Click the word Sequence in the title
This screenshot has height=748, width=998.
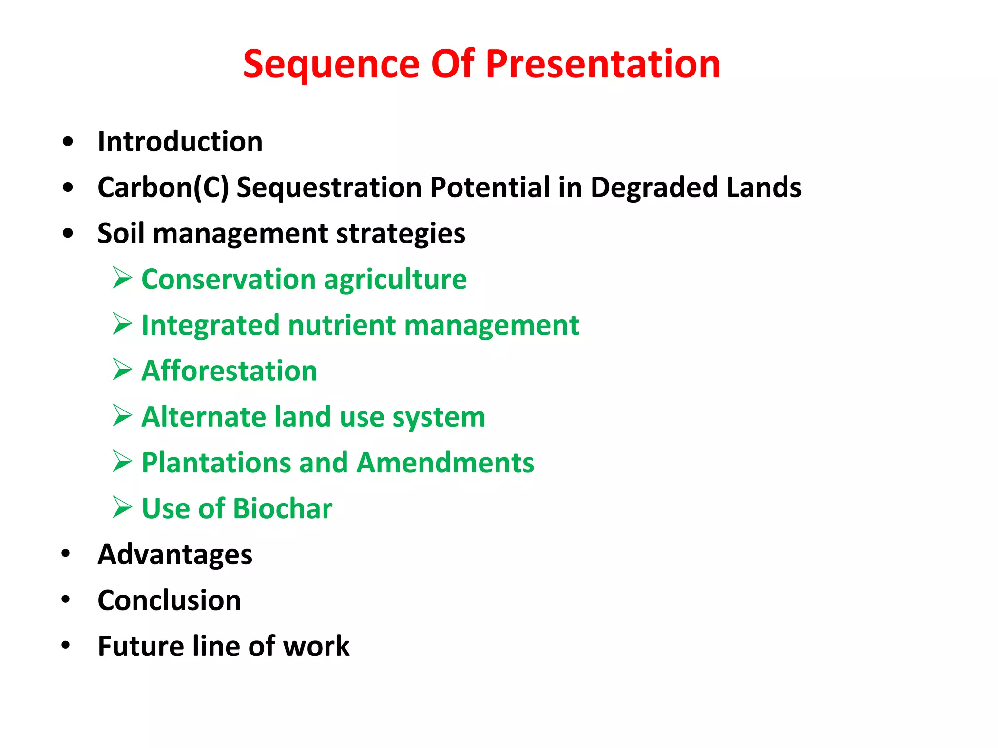point(331,64)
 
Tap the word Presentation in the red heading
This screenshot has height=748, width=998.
point(603,64)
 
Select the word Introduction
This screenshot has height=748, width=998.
point(180,142)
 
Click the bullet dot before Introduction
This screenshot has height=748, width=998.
point(68,142)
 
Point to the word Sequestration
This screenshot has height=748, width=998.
point(328,187)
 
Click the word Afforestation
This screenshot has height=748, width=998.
point(229,371)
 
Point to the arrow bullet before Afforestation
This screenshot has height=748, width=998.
point(122,370)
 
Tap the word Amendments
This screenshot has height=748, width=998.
point(445,463)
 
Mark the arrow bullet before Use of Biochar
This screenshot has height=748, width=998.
point(122,507)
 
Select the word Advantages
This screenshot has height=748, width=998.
point(175,555)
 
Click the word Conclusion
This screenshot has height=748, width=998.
point(169,600)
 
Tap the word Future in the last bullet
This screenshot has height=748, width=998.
point(141,646)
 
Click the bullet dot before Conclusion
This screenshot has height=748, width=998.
point(66,599)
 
